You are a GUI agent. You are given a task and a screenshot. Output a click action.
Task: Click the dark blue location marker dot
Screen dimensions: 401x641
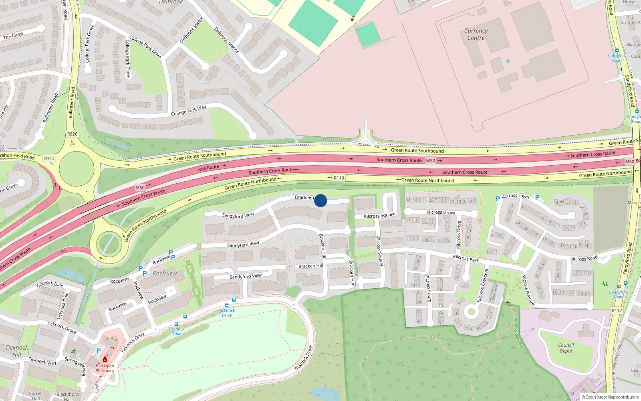coord(320,200)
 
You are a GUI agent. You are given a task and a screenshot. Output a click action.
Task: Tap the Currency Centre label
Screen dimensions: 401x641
coord(476,34)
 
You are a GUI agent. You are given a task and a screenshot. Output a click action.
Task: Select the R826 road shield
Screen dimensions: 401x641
coord(73,134)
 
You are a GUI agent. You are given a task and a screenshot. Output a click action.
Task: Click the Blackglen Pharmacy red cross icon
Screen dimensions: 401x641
coord(105,360)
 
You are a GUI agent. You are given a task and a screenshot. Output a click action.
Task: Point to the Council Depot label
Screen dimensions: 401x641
coord(566,348)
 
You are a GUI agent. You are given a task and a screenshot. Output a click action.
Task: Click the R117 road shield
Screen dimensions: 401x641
coord(617,310)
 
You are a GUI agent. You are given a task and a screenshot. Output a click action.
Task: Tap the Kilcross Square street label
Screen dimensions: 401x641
coord(379,215)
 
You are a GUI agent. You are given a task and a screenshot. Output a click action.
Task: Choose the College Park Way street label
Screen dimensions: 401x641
coord(188,110)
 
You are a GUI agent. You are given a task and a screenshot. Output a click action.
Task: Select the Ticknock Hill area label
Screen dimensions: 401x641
coord(17,351)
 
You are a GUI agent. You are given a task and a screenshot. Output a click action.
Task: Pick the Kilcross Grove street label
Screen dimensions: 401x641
coord(441,213)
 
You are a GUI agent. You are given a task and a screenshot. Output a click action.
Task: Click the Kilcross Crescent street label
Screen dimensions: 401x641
coord(483,286)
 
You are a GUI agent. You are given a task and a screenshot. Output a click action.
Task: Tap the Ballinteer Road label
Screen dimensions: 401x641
coord(72,103)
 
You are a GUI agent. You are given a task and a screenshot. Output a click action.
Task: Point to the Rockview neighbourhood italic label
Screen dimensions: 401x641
coord(165,273)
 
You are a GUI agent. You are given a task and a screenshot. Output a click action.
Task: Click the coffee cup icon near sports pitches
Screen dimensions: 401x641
coord(353,18)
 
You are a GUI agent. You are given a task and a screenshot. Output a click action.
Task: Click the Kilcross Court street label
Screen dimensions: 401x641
coord(428,288)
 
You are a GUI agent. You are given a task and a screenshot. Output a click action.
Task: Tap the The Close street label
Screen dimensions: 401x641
coord(13,36)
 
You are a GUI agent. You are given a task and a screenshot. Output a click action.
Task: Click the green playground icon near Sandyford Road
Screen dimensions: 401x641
coord(605,284)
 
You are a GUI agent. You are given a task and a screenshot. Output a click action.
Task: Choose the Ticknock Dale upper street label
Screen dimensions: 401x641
coord(50,284)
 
